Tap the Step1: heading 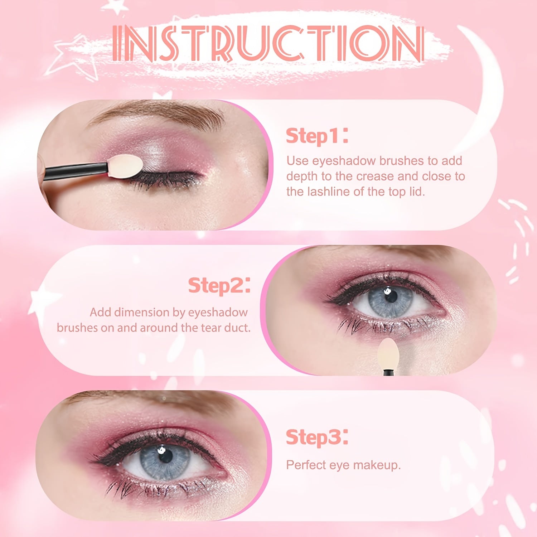(x=316, y=136)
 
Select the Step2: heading (x=219, y=286)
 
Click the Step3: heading (x=316, y=437)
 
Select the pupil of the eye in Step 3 (x=165, y=455)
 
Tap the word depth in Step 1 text (x=303, y=176)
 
